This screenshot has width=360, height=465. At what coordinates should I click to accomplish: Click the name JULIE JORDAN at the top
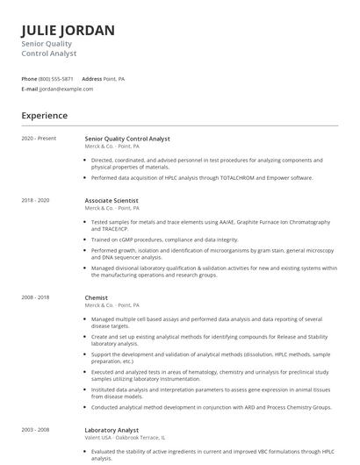(68, 30)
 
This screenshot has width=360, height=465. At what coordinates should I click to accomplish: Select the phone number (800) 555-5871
(57, 79)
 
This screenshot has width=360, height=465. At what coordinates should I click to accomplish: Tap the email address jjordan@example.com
(67, 89)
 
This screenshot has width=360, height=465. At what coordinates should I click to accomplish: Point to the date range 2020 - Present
(39, 139)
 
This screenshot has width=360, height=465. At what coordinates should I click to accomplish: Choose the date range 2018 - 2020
(35, 200)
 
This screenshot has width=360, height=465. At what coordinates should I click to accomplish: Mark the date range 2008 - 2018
(35, 297)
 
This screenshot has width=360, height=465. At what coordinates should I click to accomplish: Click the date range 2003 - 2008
(35, 430)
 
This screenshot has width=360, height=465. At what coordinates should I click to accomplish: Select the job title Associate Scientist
(112, 200)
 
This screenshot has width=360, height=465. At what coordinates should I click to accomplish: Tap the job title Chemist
(97, 297)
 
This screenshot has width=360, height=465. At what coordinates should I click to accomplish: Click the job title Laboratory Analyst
(112, 430)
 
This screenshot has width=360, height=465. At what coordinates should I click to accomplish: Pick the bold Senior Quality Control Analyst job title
(127, 139)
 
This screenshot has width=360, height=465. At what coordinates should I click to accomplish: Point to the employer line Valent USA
(98, 437)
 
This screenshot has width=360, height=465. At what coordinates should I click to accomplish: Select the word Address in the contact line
(92, 79)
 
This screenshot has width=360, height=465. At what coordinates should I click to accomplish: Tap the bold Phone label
(29, 79)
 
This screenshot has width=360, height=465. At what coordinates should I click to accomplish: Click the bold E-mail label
(30, 89)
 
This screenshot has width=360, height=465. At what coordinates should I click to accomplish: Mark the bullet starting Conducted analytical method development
(211, 406)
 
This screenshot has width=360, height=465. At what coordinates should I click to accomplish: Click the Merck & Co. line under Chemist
(99, 304)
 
